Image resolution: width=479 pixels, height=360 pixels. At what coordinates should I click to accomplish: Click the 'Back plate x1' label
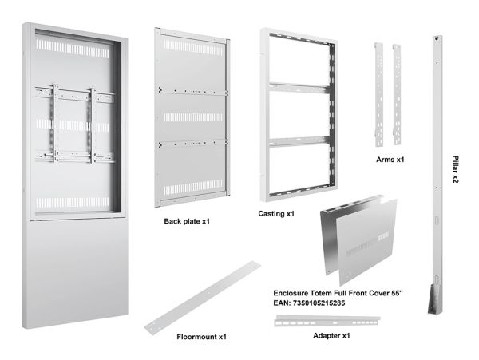click(x=187, y=221)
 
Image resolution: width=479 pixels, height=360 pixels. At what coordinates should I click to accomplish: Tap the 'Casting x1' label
click(x=276, y=213)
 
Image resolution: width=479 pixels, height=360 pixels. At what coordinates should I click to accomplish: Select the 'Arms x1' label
click(x=390, y=160)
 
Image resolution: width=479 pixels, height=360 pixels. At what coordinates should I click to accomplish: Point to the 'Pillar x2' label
click(x=456, y=169)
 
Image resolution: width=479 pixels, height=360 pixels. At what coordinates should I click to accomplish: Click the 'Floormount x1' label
click(x=202, y=337)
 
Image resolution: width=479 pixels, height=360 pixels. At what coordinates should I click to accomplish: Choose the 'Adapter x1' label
click(x=331, y=335)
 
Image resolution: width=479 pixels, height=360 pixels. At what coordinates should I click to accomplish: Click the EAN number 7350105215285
click(x=319, y=303)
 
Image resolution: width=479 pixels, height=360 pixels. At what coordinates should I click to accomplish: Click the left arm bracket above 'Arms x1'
click(x=378, y=94)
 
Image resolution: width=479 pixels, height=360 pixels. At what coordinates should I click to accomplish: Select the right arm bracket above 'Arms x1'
click(x=397, y=94)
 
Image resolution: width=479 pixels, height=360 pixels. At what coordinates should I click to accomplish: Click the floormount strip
click(x=203, y=298)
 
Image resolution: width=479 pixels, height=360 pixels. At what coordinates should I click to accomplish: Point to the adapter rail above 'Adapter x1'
click(x=327, y=321)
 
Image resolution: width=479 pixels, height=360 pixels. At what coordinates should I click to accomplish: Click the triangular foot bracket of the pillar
click(x=433, y=299)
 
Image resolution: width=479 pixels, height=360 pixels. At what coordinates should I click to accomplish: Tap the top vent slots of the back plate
click(x=193, y=47)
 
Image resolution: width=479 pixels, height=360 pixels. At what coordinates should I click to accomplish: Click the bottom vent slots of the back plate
click(x=193, y=188)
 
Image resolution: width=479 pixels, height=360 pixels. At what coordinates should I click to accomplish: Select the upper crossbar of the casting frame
click(x=299, y=88)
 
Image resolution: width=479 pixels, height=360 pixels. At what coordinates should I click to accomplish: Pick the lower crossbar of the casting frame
click(x=299, y=141)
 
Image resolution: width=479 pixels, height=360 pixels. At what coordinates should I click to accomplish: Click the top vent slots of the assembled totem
click(x=73, y=49)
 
